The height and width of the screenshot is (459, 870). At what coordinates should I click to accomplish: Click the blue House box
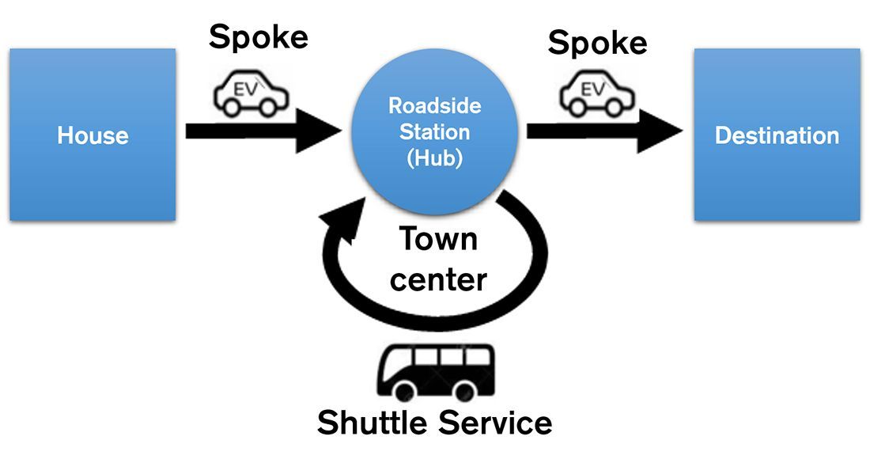[92, 135]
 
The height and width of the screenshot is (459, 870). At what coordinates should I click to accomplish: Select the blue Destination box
[776, 135]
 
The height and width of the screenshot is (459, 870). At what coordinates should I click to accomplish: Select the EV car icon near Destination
[596, 93]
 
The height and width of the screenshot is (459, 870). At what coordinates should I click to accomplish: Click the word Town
[437, 239]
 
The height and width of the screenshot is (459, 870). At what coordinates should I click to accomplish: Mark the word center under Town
[438, 279]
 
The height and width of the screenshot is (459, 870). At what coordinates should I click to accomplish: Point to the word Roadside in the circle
[434, 105]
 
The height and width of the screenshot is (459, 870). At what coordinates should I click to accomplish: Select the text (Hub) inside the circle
[434, 157]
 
